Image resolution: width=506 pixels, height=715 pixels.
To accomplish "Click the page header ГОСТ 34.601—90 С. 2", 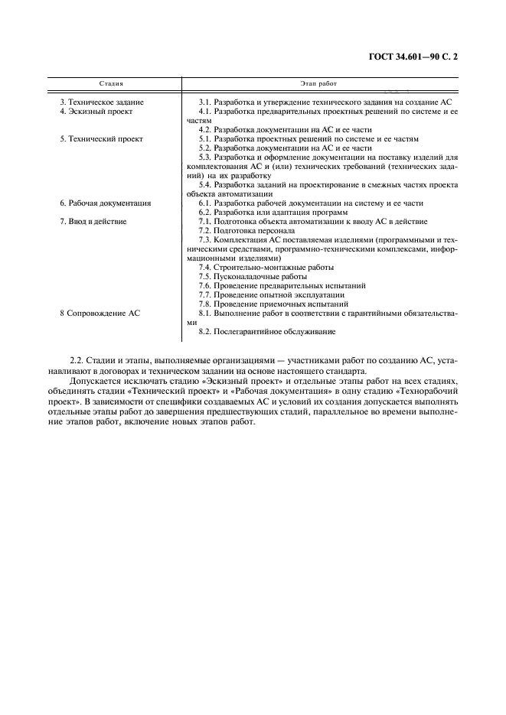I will (x=418, y=57).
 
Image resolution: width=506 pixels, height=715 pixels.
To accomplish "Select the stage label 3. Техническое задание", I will (x=102, y=102).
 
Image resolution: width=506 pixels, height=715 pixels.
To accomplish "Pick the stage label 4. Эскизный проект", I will (x=96, y=111).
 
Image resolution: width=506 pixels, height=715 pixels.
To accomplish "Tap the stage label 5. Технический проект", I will (x=101, y=138).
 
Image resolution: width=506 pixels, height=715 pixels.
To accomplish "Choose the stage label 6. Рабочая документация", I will (x=106, y=203).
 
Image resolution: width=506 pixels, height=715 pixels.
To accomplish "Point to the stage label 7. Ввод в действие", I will (x=93, y=221).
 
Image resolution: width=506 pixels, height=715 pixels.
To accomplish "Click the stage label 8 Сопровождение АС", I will (x=100, y=313).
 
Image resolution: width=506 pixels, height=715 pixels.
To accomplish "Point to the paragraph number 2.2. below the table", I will (x=77, y=360).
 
